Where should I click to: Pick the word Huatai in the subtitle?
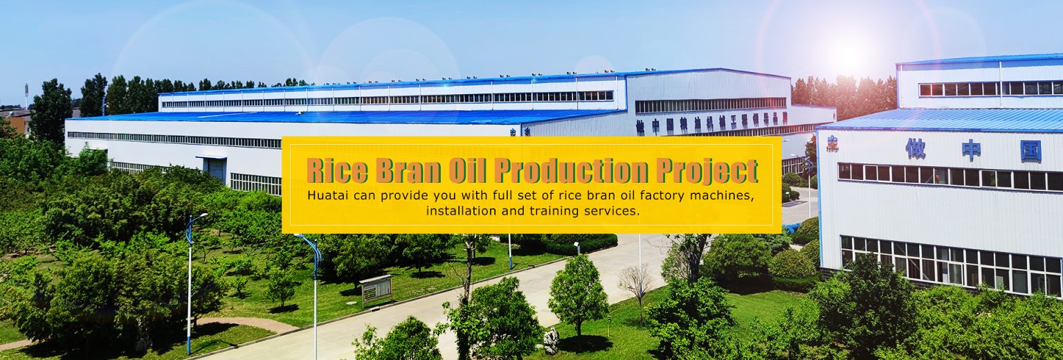pos(327,195)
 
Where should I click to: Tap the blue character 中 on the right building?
pos(971,150)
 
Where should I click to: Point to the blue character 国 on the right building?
pos(1030,151)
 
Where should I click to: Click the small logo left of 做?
pos(832,143)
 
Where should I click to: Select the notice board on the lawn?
pos(376,288)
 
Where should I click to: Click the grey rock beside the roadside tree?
pos(552,340)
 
